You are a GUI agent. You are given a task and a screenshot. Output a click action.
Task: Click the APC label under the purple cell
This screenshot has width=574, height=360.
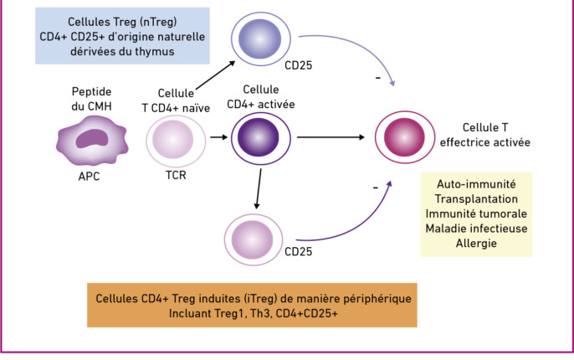pos(89,176)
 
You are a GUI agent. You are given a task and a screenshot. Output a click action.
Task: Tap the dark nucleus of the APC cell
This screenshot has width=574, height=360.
pos(92,138)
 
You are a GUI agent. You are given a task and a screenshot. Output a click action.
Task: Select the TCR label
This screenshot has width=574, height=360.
pos(176,175)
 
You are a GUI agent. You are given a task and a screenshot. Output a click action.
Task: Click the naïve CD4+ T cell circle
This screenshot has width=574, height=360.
pos(176,141)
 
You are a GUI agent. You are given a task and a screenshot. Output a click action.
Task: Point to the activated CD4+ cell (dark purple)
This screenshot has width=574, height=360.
pos(261,138)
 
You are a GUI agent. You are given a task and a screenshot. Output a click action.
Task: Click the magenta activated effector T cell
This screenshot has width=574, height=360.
pos(404,137)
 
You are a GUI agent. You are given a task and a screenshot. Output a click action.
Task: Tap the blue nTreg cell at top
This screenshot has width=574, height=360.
pos(261,39)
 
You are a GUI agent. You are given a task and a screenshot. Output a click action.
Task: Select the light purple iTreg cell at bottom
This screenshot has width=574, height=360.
pos(254,239)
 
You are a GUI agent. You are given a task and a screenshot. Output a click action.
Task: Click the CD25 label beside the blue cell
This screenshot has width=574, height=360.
pos(299,65)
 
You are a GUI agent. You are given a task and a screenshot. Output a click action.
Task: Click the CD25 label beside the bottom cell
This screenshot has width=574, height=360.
pos(299,251)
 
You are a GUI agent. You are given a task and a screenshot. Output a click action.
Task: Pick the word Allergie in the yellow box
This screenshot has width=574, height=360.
pos(476,243)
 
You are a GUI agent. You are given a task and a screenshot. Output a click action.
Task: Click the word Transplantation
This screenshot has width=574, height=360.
pos(476,199)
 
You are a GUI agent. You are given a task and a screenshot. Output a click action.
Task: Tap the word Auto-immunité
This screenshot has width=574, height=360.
pos(476,184)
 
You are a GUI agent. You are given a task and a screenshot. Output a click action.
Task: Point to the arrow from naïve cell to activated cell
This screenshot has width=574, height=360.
pos(219,137)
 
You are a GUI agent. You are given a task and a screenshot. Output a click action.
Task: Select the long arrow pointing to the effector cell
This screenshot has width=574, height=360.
pos(331,137)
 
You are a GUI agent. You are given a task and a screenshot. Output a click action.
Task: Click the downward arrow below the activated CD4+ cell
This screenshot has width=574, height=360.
pos(259,188)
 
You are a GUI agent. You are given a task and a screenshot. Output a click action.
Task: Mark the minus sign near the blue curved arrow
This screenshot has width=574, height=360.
pos(378,78)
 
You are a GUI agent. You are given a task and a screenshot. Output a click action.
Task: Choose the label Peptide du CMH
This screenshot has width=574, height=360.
pos(91,99)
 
